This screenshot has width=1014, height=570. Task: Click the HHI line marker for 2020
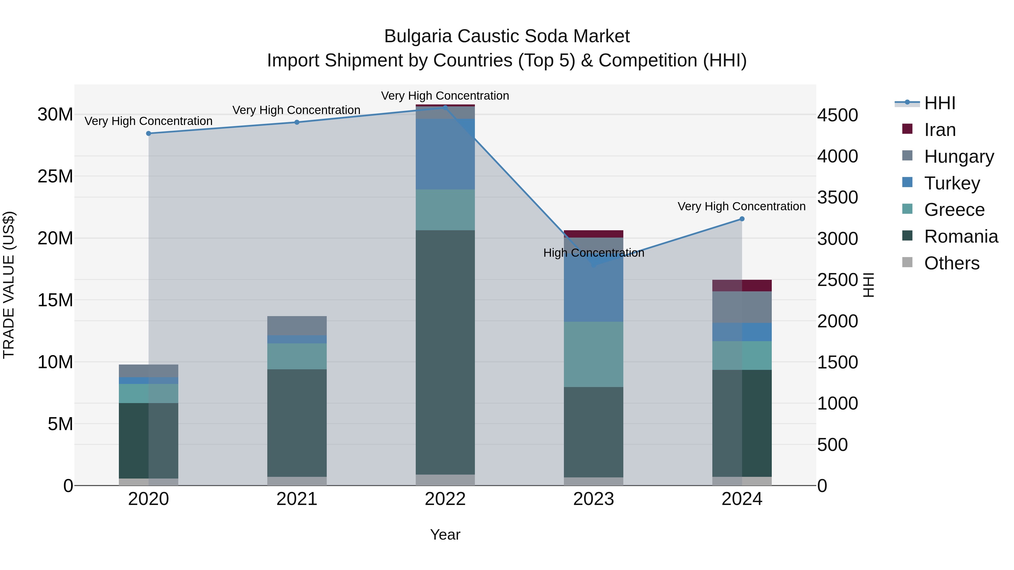click(148, 133)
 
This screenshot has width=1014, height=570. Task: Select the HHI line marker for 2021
click(297, 122)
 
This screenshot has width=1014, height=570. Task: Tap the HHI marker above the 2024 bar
click(742, 219)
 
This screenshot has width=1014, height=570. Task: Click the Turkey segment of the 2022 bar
click(445, 154)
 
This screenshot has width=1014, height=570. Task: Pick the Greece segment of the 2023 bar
click(593, 354)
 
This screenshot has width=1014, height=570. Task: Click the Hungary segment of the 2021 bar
click(297, 325)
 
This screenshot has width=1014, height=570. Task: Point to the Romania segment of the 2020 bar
click(148, 441)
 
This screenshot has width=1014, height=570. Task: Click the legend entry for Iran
click(940, 130)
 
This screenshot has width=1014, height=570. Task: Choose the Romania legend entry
click(961, 236)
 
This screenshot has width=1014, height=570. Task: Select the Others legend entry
click(951, 263)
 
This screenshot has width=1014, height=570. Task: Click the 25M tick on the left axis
click(55, 176)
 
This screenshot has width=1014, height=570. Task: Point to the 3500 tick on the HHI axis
click(838, 198)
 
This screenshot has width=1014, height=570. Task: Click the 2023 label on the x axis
click(593, 499)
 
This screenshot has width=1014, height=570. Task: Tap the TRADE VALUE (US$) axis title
click(9, 285)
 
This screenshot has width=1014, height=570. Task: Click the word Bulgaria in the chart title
click(418, 36)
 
